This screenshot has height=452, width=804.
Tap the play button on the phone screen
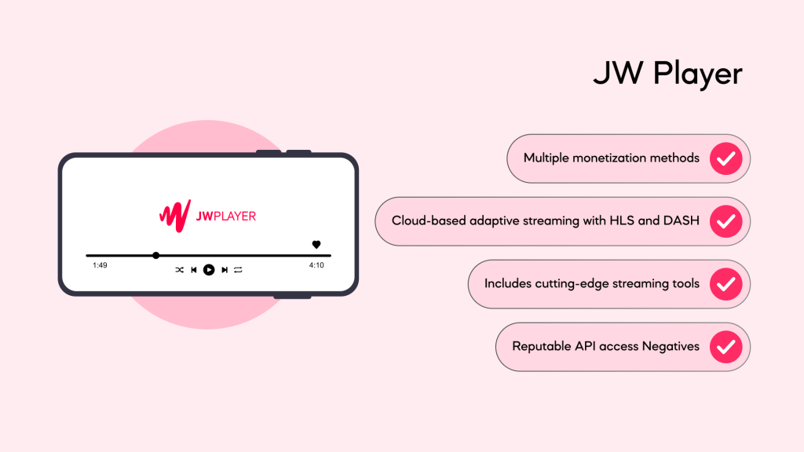(209, 270)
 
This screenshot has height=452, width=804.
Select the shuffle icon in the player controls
(180, 270)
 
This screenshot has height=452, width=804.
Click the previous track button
(194, 270)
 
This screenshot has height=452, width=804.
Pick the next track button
(225, 270)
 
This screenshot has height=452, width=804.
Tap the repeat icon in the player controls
(238, 270)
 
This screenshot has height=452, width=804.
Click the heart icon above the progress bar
(316, 245)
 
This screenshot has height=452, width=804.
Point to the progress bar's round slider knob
(156, 255)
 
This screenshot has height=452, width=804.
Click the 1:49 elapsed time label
(100, 265)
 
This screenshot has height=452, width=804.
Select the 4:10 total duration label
(316, 265)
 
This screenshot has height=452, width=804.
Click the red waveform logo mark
(175, 216)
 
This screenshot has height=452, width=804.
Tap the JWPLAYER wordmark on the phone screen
(226, 217)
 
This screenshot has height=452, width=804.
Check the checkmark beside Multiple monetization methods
(726, 159)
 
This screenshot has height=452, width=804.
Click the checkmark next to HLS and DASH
(726, 221)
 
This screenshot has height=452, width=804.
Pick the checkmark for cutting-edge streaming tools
(726, 284)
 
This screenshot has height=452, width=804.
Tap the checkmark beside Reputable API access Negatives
(726, 347)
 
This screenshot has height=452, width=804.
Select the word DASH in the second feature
(682, 221)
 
